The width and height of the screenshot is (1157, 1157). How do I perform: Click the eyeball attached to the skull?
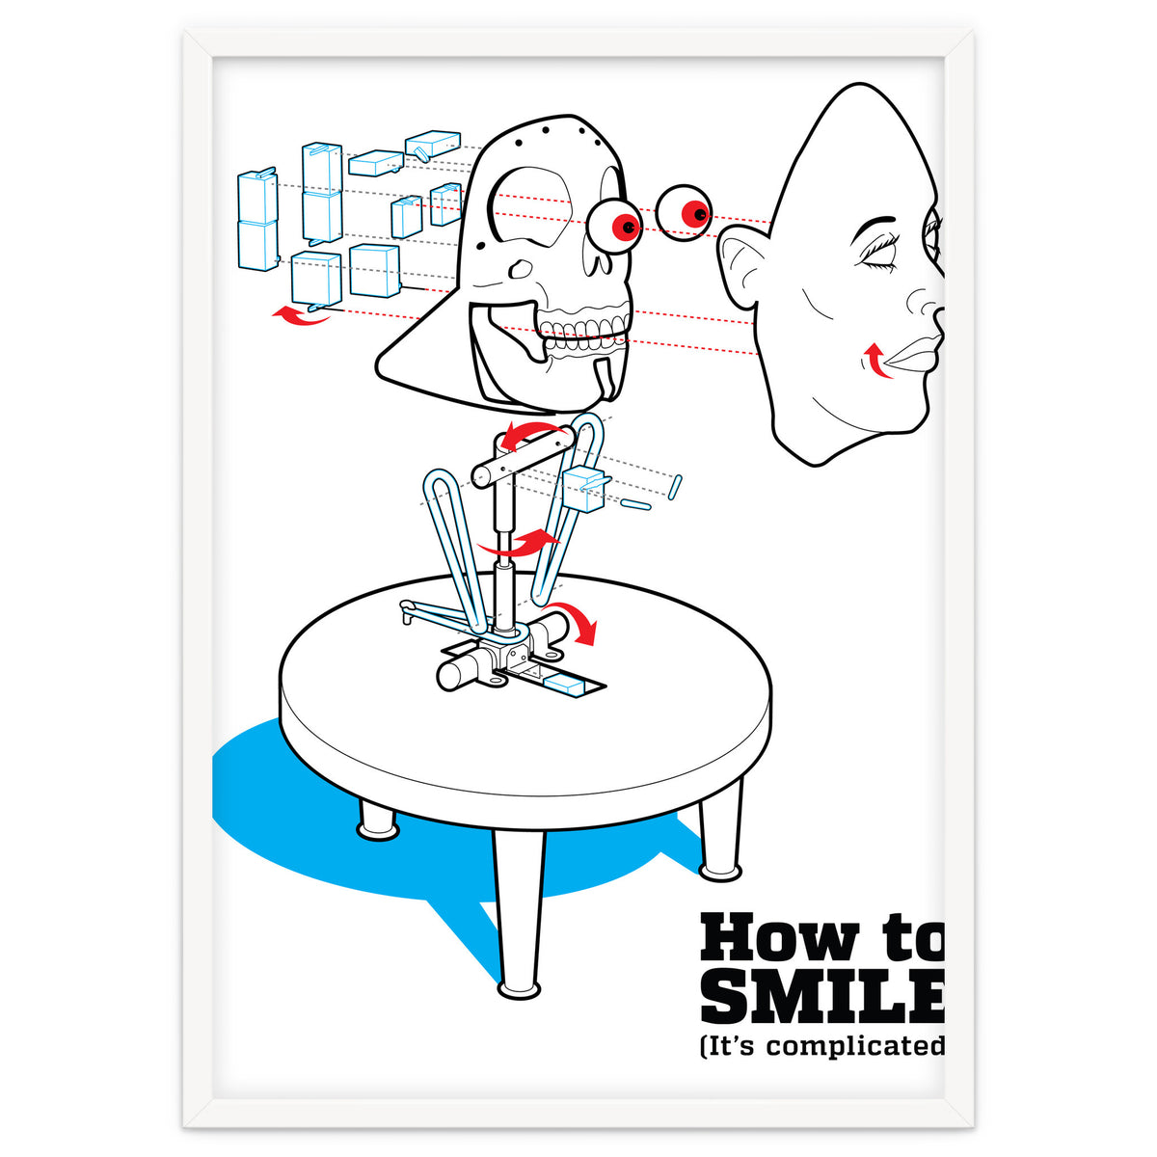click(x=617, y=225)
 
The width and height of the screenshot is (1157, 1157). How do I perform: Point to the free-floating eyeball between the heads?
click(x=685, y=212)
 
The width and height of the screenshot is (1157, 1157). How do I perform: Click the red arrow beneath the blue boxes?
click(x=300, y=315)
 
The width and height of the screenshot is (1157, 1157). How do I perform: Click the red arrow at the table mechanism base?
click(x=581, y=622)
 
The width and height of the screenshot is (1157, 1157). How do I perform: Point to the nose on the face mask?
click(x=926, y=309)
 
